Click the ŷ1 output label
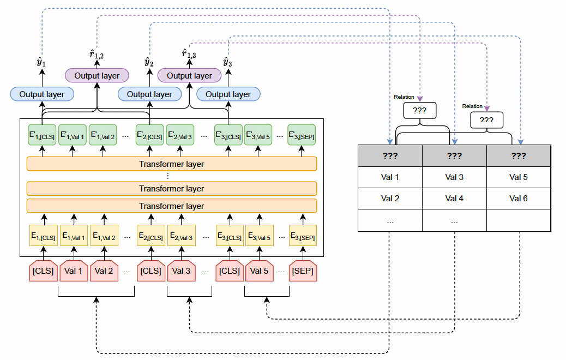(41, 62)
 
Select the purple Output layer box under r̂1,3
(189, 75)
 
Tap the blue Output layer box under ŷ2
(149, 94)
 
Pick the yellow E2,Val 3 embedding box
(181, 237)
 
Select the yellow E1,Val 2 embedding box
(103, 237)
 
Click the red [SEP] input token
(302, 271)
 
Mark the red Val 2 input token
(103, 271)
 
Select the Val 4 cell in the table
(454, 199)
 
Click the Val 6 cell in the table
(518, 199)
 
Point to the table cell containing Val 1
(390, 177)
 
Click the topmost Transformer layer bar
(172, 164)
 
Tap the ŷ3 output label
(227, 62)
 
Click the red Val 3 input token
(181, 271)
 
